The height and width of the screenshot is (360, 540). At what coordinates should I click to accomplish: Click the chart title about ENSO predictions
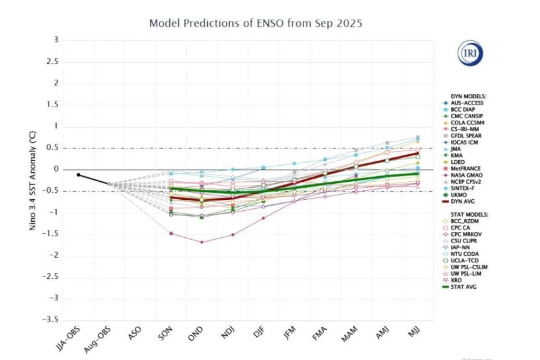pyautogui.click(x=257, y=23)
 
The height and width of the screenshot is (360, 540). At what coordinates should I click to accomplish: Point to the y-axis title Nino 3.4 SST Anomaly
pyautogui.click(x=33, y=180)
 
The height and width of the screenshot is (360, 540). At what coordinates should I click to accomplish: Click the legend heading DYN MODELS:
pyautogui.click(x=464, y=96)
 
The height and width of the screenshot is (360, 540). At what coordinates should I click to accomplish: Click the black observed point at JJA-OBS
pyautogui.click(x=78, y=174)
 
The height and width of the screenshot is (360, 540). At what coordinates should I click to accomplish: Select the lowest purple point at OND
pyautogui.click(x=201, y=242)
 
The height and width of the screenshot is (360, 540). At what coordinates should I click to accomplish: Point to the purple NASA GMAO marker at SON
pyautogui.click(x=171, y=233)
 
